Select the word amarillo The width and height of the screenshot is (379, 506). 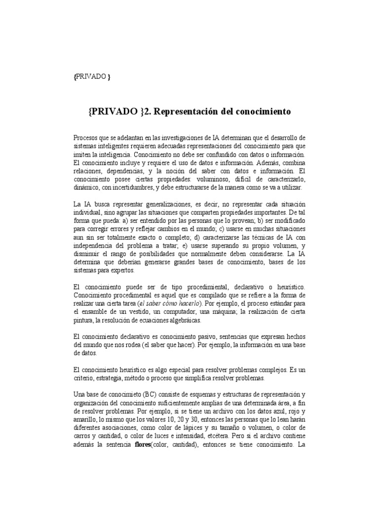point(85,419)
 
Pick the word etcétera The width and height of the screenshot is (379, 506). point(203,436)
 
